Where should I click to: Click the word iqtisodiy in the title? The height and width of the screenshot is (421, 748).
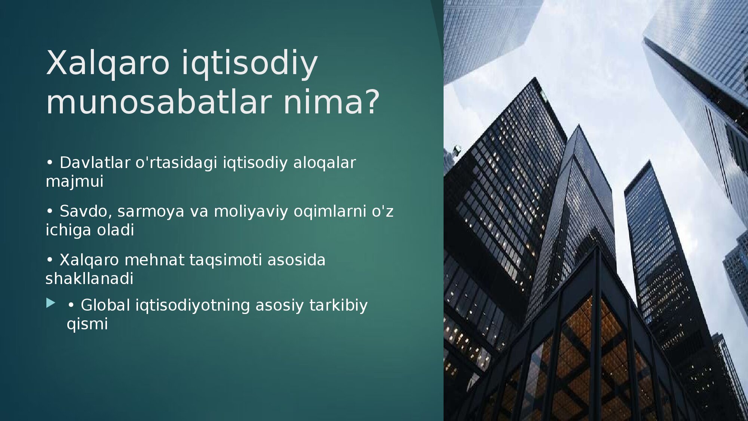249,64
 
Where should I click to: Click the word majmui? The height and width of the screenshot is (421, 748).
74,181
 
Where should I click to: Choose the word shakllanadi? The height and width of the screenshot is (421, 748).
89,278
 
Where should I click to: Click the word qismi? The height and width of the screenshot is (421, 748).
87,324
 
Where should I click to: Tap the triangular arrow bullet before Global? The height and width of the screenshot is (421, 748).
51,303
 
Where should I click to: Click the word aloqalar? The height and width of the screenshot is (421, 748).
324,163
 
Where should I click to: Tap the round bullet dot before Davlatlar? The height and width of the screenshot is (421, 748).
49,163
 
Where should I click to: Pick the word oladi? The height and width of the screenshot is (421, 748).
116,230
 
